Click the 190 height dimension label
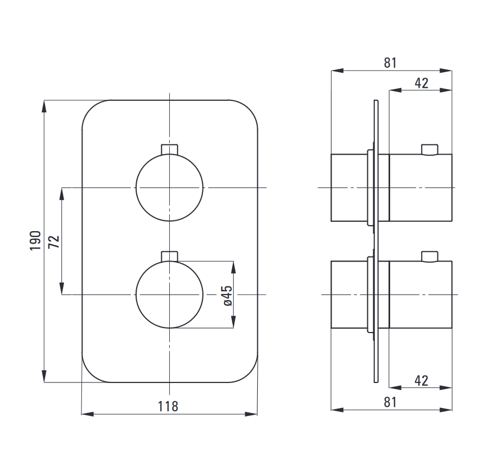click(x=35, y=241)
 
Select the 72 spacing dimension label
click(x=54, y=241)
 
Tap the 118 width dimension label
click(x=168, y=406)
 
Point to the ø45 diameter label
click(x=227, y=296)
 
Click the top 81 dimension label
click(x=390, y=63)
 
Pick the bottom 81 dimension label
click(x=390, y=403)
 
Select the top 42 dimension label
click(x=421, y=83)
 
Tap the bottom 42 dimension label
click(x=421, y=381)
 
